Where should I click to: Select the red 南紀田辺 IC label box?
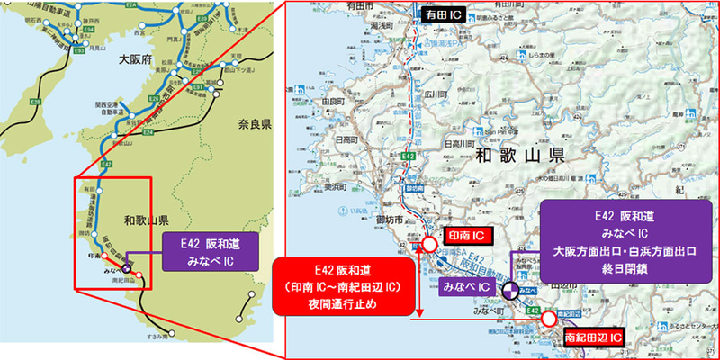[593, 338]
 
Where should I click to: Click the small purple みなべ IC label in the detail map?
[466, 287]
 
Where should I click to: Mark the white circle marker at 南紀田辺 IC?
[549, 319]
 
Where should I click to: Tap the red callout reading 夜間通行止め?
[346, 284]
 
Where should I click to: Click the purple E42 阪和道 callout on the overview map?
[203, 249]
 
